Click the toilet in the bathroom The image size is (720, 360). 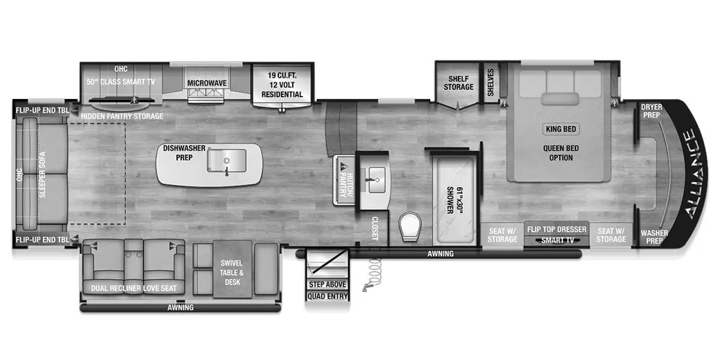[410, 227]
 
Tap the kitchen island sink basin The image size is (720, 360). [227, 160]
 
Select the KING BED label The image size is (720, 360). [561, 129]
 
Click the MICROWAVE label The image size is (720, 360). [207, 83]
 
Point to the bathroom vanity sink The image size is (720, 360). [377, 179]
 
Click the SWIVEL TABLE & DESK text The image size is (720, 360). [232, 272]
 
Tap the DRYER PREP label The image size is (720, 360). [652, 111]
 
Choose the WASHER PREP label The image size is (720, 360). [654, 237]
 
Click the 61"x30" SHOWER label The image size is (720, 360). [455, 200]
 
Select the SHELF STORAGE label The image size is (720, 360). [458, 83]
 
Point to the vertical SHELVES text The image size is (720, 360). [491, 82]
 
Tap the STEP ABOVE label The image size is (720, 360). [328, 284]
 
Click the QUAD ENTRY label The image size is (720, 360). [328, 296]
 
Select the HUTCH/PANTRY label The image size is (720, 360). [347, 185]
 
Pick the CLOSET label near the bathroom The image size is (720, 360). [375, 229]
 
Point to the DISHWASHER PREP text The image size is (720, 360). [184, 153]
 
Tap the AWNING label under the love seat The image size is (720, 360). [181, 308]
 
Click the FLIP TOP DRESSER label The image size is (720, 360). [557, 229]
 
